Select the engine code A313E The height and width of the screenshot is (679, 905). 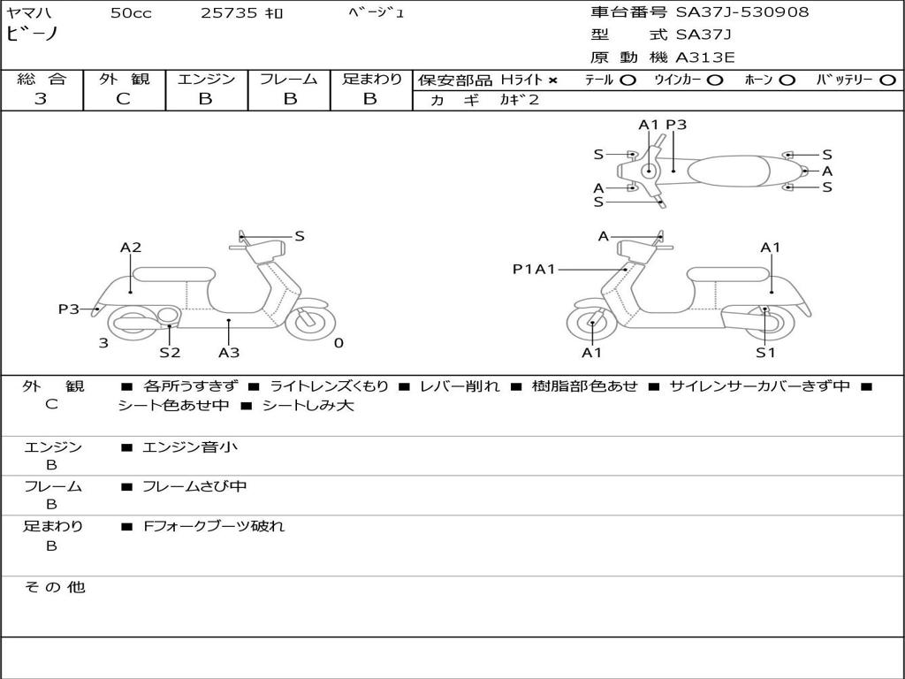point(705,58)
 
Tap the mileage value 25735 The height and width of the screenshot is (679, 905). point(229,13)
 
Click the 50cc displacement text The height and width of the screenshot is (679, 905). point(131,13)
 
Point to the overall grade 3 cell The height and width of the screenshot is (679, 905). point(41,99)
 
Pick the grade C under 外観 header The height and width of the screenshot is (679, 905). point(124,99)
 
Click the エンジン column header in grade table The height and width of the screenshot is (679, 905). point(206,79)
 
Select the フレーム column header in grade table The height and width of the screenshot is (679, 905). point(289,79)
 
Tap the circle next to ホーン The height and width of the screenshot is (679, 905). point(787,80)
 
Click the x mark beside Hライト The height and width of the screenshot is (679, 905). point(553,80)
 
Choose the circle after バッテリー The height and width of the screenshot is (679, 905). point(887,80)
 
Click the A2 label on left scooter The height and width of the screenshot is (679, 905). point(131,248)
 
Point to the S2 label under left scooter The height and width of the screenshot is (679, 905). point(170,353)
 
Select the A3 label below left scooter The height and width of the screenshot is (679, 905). point(229,353)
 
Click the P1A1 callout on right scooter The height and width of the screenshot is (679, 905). point(534,269)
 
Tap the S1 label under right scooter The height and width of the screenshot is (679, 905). point(765,353)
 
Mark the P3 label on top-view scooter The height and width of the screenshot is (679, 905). point(676,125)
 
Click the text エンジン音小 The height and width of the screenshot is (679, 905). point(190,447)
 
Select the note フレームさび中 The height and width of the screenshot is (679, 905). point(194,486)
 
